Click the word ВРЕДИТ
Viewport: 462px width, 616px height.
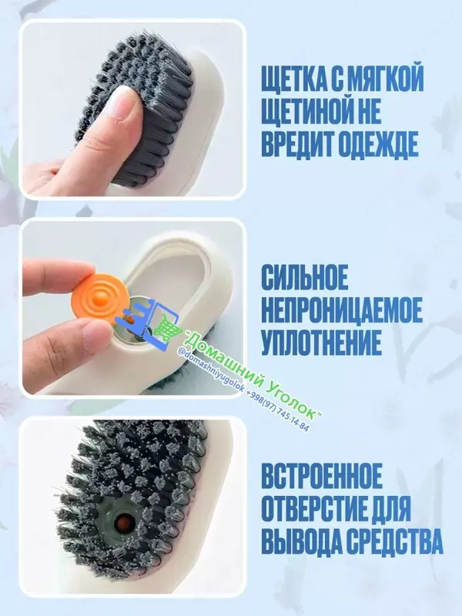[295, 145]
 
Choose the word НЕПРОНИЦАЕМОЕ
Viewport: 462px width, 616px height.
[342, 309]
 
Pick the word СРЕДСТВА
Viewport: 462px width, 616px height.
[393, 541]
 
